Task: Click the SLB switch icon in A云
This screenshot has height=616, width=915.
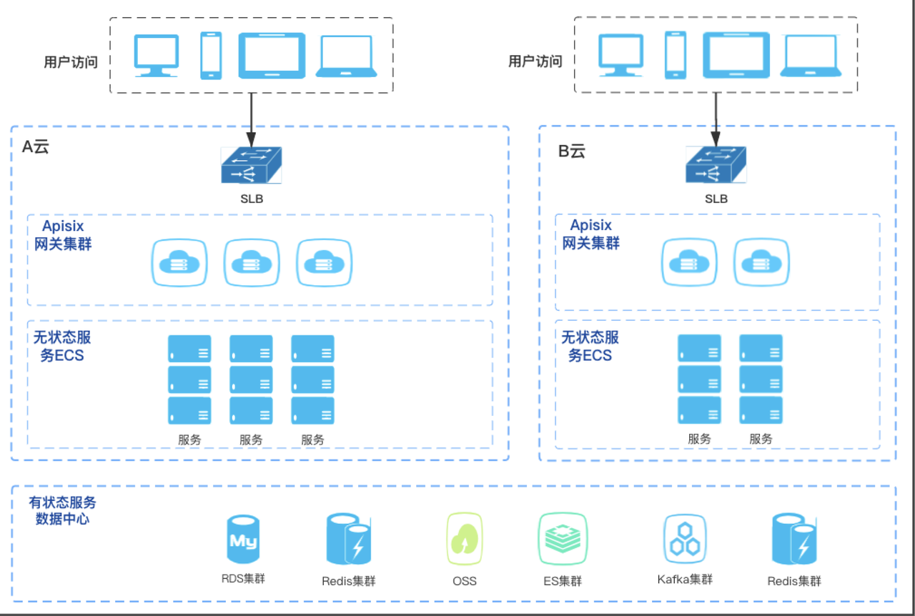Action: click(251, 166)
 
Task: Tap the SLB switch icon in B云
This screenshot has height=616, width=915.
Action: click(716, 166)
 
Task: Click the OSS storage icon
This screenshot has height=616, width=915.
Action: click(465, 540)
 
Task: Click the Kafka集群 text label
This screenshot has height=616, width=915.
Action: click(685, 579)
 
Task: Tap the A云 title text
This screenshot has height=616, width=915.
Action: click(36, 148)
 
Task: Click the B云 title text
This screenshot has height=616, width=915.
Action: click(571, 151)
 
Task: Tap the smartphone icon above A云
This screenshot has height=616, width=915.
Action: click(211, 55)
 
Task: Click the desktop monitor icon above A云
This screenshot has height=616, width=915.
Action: click(157, 56)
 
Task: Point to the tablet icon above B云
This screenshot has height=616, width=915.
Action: click(736, 55)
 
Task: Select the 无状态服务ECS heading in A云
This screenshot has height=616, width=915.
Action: click(62, 346)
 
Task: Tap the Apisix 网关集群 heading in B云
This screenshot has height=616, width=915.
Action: click(591, 234)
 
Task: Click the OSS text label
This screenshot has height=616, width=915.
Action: click(465, 581)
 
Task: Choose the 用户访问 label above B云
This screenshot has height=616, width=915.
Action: click(535, 61)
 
